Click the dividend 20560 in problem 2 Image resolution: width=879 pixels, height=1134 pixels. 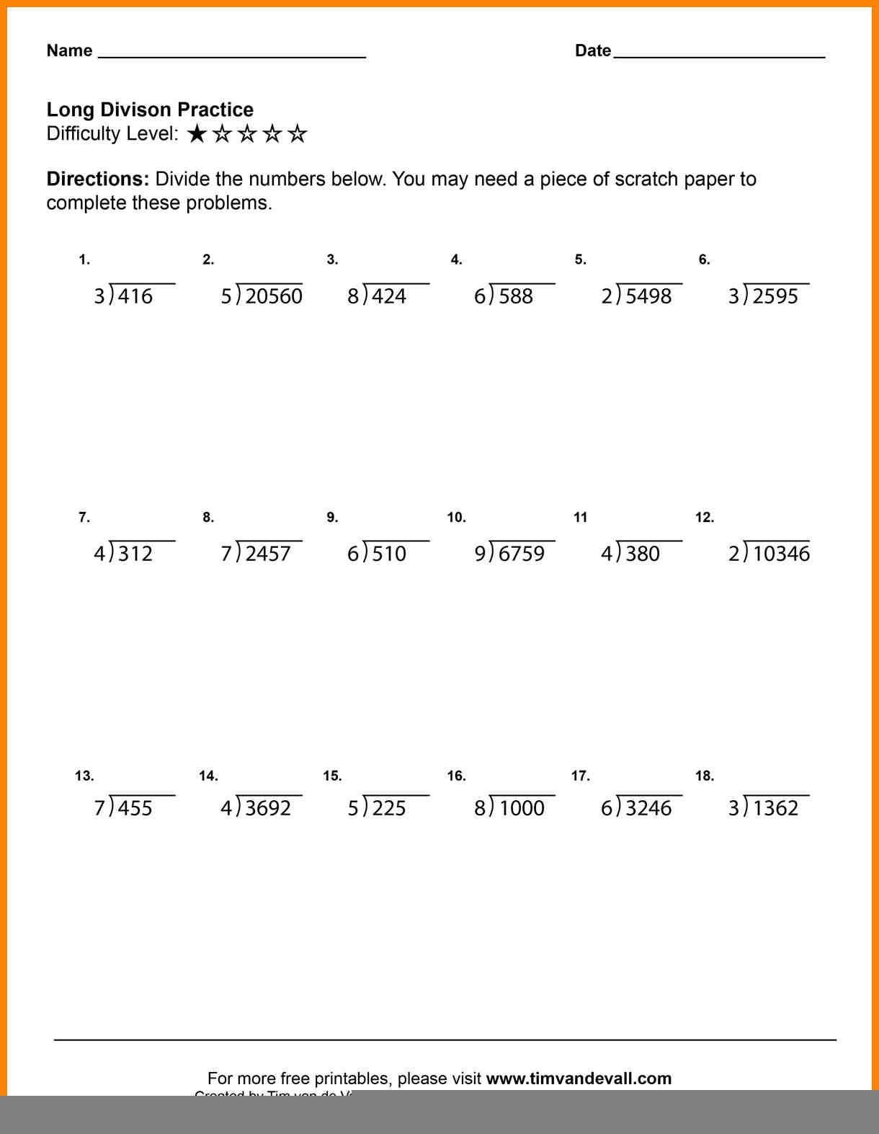274,296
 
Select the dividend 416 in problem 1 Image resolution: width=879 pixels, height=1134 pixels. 135,296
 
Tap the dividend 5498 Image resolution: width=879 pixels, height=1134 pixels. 648,296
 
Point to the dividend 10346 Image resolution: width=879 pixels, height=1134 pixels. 781,554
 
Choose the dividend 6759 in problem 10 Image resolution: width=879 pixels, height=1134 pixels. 522,554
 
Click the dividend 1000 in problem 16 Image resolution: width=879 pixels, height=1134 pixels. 522,808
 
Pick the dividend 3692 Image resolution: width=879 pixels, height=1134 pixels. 268,808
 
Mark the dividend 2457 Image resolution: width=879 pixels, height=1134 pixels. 268,554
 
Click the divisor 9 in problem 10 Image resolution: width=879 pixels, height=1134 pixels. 480,554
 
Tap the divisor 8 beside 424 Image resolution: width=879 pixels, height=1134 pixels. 353,296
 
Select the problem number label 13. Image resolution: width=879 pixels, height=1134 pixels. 84,776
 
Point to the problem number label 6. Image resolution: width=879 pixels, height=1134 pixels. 704,260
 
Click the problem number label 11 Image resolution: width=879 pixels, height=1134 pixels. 580,517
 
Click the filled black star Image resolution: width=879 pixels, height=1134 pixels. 197,134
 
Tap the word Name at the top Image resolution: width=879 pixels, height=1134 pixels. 69,50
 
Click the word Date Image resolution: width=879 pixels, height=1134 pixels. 593,50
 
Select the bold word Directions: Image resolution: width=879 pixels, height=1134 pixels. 97,179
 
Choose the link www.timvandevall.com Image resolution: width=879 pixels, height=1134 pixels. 579,1078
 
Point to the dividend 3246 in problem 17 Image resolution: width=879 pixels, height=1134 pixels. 648,808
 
